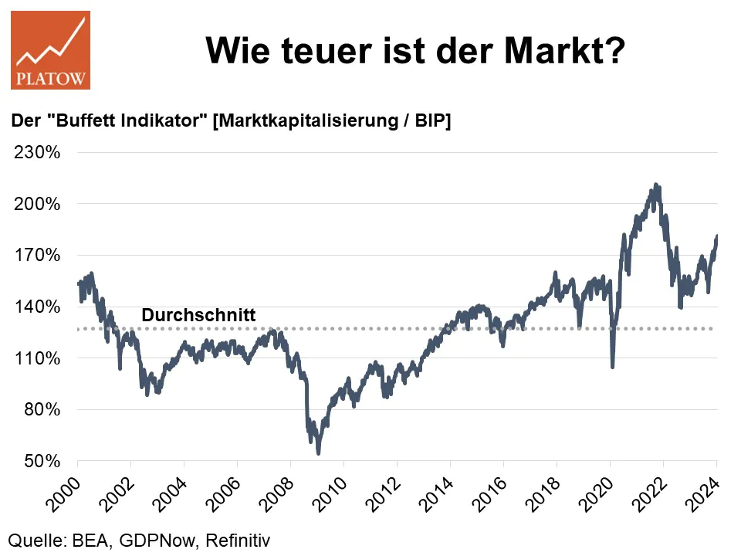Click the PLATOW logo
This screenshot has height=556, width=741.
tap(50, 50)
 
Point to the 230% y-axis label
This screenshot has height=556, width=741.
tap(38, 153)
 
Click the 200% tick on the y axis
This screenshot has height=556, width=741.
tap(38, 205)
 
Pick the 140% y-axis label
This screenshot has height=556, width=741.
tap(38, 307)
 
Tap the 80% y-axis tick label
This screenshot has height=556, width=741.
tap(42, 410)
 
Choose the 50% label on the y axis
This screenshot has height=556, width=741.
tap(42, 462)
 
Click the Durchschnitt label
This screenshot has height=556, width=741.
tap(198, 315)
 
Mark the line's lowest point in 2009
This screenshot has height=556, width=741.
tap(319, 453)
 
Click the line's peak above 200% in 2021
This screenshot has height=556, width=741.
tap(655, 185)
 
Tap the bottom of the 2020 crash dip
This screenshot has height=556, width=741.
tap(612, 367)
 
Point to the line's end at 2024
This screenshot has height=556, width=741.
tap(717, 236)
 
